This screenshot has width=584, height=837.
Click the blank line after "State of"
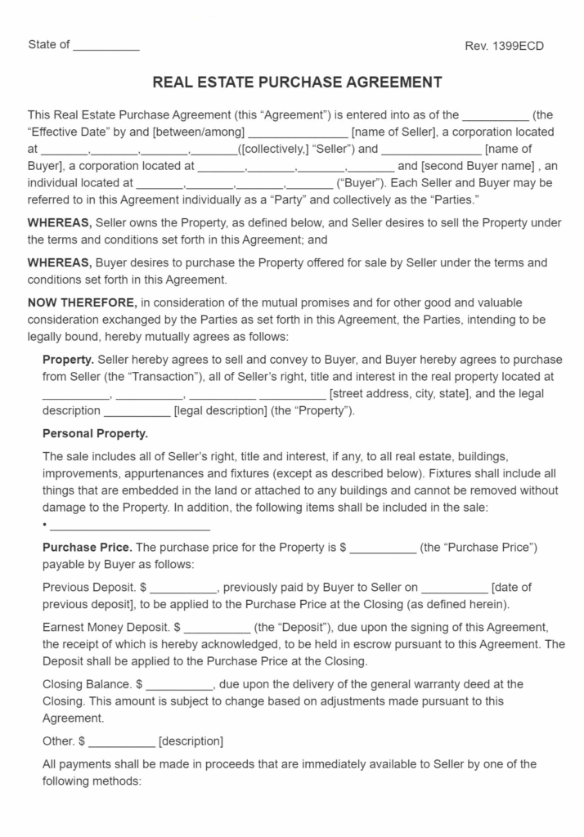point(106,46)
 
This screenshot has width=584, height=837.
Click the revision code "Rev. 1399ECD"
point(504,46)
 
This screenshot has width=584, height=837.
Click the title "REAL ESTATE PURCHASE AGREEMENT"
point(298,83)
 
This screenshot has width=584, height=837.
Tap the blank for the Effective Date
point(496,116)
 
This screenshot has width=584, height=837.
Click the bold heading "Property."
point(68,360)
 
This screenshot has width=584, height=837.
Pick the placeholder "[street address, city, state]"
point(399,394)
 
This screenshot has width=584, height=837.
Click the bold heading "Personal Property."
point(95,433)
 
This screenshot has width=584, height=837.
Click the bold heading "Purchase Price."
point(87,547)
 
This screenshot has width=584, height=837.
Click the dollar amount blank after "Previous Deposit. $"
point(183,587)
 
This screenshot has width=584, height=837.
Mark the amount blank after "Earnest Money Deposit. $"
point(217,627)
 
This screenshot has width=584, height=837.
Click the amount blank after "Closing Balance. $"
point(179,684)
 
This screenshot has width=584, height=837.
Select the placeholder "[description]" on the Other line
point(191,741)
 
